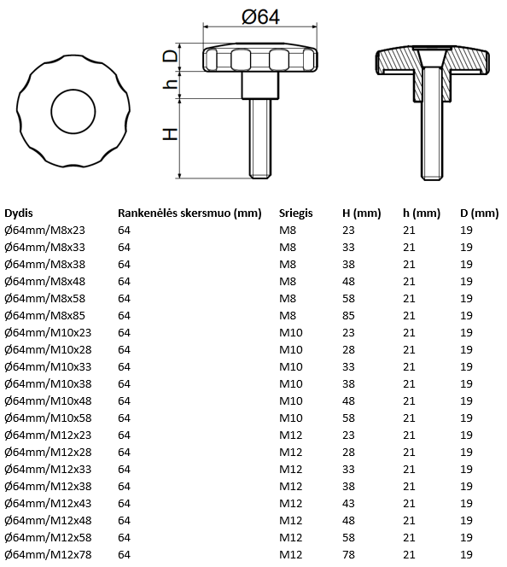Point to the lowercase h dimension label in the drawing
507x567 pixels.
[x=171, y=84]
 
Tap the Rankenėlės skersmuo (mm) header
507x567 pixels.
[x=189, y=213]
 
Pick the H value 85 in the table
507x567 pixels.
[x=347, y=315]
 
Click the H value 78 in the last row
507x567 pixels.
[x=347, y=554]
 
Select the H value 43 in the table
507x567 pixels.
[x=347, y=503]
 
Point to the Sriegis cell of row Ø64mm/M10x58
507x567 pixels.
[x=291, y=418]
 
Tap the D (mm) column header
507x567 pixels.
[x=479, y=213]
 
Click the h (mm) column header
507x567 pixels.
[x=421, y=213]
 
